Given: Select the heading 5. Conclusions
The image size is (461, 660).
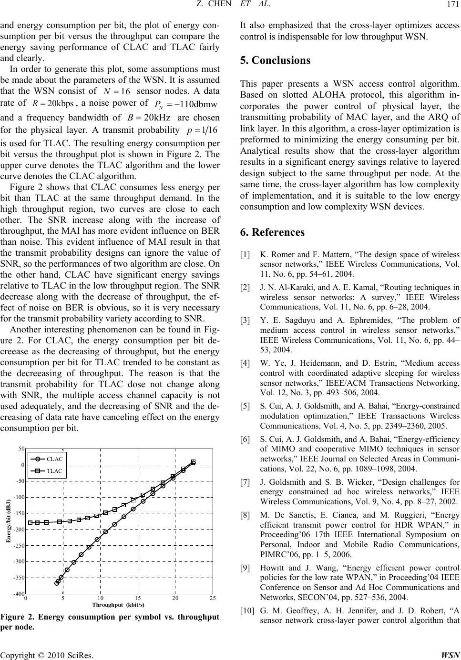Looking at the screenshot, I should tap(276, 60).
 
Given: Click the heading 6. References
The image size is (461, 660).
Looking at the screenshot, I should tap(273, 232).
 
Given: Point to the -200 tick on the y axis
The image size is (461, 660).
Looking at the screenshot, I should tap(19, 530).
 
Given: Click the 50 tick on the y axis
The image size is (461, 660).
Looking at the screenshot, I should tap(21, 449).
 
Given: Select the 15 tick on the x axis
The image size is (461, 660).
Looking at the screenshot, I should tap(138, 598).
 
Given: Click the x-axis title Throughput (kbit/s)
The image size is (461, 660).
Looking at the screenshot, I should tap(118, 604).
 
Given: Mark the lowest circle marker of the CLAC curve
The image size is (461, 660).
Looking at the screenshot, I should tap(57, 582).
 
